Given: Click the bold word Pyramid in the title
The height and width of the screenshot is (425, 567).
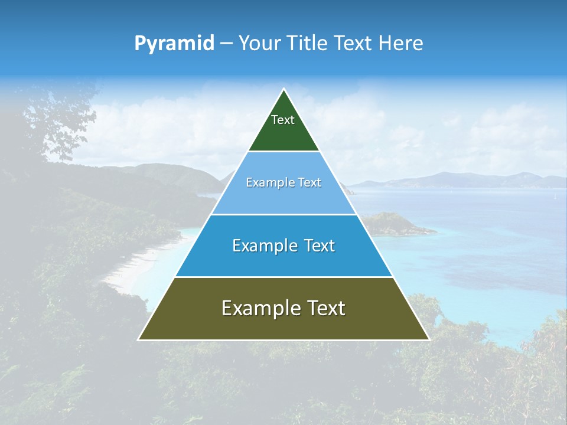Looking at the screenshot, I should pyautogui.click(x=174, y=44).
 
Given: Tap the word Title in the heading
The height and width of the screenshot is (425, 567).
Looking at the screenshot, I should pyautogui.click(x=309, y=44).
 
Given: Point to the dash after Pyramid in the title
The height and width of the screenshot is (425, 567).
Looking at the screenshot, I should pyautogui.click(x=226, y=44).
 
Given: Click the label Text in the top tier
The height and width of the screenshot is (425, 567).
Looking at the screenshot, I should pyautogui.click(x=283, y=120).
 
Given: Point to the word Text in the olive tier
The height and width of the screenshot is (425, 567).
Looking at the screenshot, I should pyautogui.click(x=326, y=308).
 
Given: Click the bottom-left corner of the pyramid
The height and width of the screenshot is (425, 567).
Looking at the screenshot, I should pyautogui.click(x=139, y=339).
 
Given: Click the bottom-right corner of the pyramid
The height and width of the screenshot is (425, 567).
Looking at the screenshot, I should pyautogui.click(x=429, y=339).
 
